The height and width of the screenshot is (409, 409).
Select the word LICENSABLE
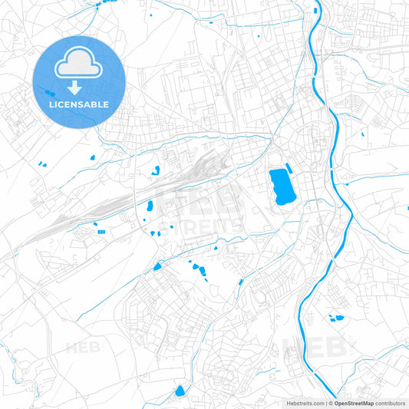coord(80,104)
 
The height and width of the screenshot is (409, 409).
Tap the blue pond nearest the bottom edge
coord(180,391)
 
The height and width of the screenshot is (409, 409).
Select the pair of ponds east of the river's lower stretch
coord(335,317)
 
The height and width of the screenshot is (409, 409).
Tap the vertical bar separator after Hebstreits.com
coord(325,403)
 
